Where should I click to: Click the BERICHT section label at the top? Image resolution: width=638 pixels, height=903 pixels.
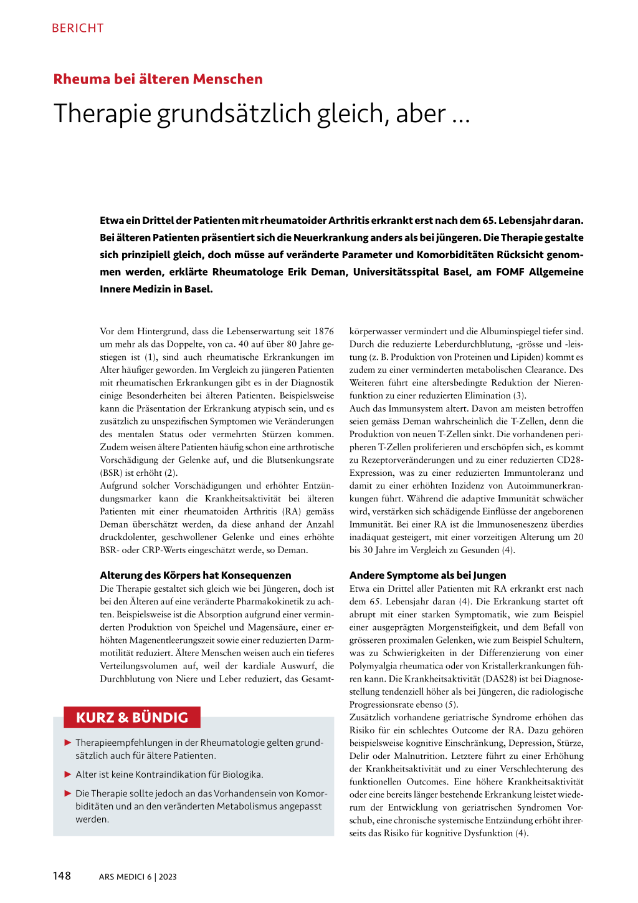pos(78,28)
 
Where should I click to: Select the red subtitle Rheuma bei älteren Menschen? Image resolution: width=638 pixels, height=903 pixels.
pos(158,79)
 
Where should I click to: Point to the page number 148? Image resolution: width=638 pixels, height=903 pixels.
pos(62,876)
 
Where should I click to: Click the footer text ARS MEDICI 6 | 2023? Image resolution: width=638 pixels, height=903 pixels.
pos(138,877)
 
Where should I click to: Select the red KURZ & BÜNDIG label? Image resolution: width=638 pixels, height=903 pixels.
pos(131,717)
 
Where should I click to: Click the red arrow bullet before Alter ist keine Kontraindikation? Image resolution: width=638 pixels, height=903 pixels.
pos(68,775)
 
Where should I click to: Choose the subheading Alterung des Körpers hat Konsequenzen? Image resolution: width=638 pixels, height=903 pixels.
pos(195,575)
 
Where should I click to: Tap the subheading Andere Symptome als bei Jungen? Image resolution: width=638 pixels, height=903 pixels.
pos(427,575)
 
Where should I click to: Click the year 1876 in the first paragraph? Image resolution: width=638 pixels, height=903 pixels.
pos(323,331)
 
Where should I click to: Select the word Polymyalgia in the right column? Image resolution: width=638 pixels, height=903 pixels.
pos(374,666)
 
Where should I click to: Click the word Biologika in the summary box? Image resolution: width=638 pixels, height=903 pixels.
pos(241,775)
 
